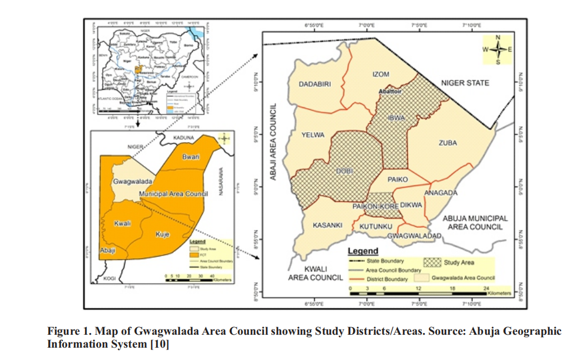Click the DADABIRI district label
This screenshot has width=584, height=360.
tap(315, 84)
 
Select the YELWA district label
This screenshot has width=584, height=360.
tap(313, 135)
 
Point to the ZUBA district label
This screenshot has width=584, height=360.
tap(447, 143)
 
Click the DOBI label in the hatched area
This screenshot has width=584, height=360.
tap(343, 170)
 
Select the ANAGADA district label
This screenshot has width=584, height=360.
tap(440, 193)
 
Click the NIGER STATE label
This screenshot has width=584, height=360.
tap(465, 83)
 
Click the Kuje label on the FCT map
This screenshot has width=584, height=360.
tap(162, 234)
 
